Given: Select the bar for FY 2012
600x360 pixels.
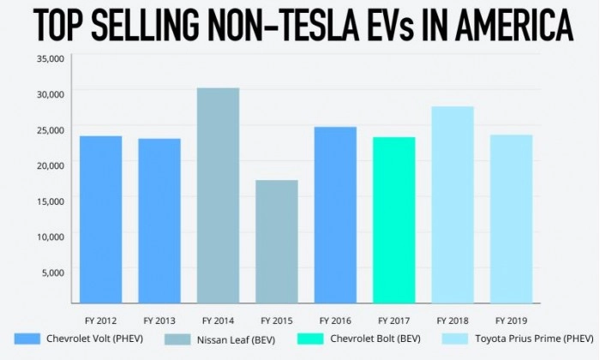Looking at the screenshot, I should point(101,219).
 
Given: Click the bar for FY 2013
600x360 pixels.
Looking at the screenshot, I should point(159,221).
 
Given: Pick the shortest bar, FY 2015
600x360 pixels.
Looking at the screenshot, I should point(276,242).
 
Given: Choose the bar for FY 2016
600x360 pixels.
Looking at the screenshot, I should point(335,215).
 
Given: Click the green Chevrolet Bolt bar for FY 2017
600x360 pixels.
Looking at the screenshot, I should point(393,220).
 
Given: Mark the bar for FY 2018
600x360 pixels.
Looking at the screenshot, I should point(453,205).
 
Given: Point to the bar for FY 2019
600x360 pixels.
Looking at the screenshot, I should point(511,219).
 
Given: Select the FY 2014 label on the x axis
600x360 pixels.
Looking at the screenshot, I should point(218,321).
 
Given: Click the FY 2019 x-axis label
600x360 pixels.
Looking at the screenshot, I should point(511,321).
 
